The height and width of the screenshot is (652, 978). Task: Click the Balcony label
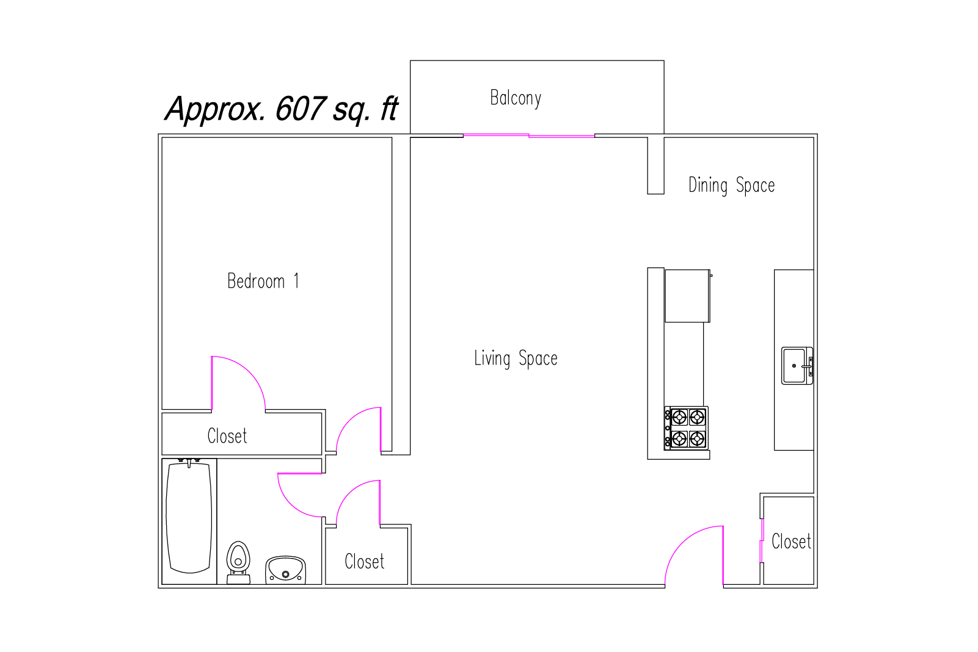(516, 98)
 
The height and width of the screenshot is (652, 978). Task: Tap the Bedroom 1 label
(263, 281)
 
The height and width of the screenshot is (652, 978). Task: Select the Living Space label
(516, 359)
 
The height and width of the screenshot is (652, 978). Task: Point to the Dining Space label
(731, 186)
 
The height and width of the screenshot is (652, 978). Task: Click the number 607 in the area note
(301, 108)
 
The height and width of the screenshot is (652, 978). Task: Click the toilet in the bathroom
(238, 562)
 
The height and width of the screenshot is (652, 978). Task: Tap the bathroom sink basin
(285, 570)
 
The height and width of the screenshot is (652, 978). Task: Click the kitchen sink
(797, 366)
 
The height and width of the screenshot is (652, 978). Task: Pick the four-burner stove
(687, 428)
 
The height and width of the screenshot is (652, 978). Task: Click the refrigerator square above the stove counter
(687, 296)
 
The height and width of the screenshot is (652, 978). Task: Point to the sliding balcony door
(529, 136)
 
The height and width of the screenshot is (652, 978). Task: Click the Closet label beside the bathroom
(365, 561)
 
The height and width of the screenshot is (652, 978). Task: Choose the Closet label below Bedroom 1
(227, 435)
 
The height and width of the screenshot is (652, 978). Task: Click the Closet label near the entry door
(791, 541)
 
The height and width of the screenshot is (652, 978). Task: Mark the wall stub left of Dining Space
(656, 165)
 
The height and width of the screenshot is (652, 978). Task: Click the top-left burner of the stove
(679, 418)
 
